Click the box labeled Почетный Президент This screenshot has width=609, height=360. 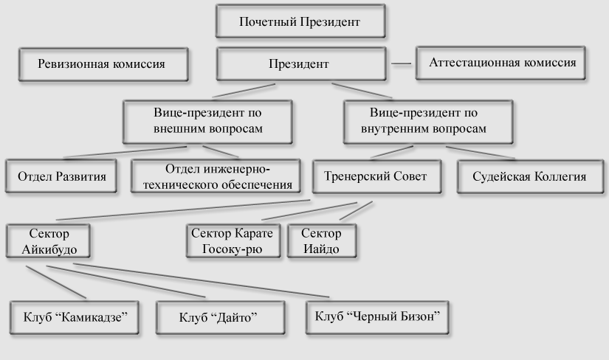tap(300, 21)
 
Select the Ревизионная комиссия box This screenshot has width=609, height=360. tap(103, 64)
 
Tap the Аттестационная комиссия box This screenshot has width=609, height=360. tap(500, 63)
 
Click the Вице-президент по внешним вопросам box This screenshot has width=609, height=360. tap(207, 122)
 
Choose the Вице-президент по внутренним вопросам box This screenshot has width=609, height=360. tap(428, 122)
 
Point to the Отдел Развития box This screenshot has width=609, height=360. tap(61, 176)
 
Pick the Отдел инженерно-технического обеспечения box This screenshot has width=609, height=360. tap(216, 176)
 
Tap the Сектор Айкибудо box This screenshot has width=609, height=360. tap(48, 240)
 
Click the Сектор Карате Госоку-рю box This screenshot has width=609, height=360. tap(233, 240)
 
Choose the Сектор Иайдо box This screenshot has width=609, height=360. tap(322, 240)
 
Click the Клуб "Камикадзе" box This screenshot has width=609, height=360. tap(74, 317)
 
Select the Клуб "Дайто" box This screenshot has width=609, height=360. tap(220, 317)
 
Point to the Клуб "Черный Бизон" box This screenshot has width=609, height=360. tap(377, 317)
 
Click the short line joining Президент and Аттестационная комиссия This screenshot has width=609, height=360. tap(401, 63)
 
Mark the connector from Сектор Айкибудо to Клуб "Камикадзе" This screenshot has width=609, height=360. tap(56, 283)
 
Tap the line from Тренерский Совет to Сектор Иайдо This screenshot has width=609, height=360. tap(356, 210)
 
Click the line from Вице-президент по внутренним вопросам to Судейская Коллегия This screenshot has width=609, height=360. tap(481, 153)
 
